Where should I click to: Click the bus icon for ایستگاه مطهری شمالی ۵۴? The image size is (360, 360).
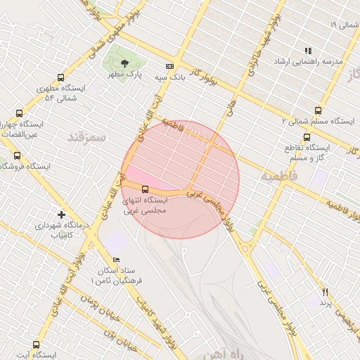(x=60, y=78)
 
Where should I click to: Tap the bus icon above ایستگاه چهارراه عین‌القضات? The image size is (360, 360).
(x=19, y=112)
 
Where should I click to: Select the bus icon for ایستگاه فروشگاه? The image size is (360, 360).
(x=17, y=155)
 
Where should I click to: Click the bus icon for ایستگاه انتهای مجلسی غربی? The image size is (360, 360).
(x=146, y=189)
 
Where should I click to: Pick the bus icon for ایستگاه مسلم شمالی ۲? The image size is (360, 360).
(x=319, y=110)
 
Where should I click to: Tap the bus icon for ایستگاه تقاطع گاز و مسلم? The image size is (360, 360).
(x=307, y=137)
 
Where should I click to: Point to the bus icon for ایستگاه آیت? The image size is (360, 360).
(x=36, y=345)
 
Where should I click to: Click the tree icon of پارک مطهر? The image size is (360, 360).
(x=124, y=63)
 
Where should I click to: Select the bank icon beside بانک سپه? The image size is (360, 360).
(x=169, y=66)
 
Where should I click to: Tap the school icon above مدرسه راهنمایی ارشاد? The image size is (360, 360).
(x=308, y=51)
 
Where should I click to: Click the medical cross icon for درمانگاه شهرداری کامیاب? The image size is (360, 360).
(x=61, y=214)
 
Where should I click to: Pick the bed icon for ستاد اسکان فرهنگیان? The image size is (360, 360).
(x=117, y=260)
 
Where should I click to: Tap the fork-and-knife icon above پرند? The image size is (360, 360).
(x=325, y=292)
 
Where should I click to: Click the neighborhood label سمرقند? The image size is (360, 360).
(x=86, y=137)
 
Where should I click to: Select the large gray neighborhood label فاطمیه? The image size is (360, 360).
(x=279, y=175)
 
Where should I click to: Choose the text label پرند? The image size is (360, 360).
(x=325, y=302)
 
